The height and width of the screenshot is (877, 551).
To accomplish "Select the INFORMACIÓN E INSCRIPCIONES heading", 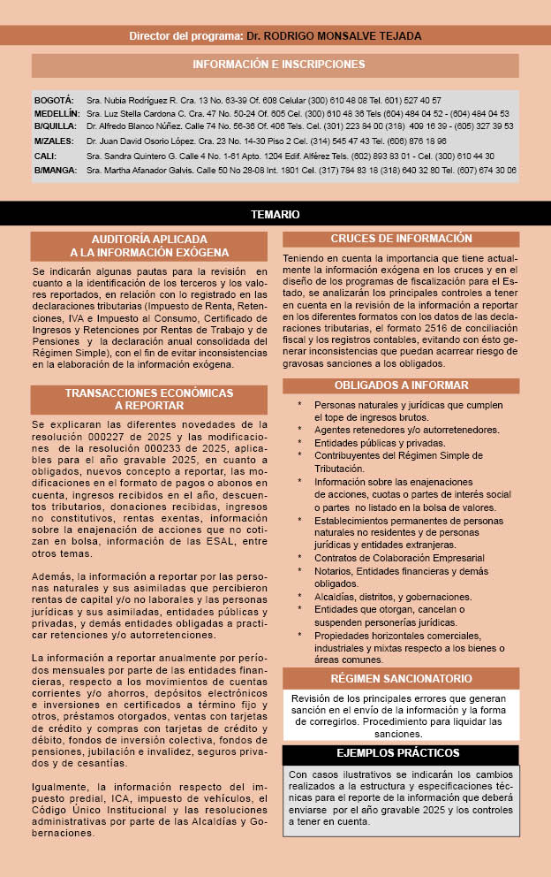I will (278, 65).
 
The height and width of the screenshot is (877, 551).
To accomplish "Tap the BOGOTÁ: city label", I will (54, 101).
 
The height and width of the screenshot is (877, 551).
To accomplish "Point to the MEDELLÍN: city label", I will (57, 114).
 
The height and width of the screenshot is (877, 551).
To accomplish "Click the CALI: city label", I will (44, 156).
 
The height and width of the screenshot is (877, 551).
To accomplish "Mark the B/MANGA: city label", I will (56, 169).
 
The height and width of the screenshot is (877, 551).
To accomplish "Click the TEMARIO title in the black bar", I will (275, 215).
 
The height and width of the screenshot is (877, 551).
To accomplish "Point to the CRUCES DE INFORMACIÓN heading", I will (402, 239).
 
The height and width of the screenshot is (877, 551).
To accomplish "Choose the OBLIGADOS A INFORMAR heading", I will (402, 385).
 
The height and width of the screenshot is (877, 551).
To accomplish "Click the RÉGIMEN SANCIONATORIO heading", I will (402, 679).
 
